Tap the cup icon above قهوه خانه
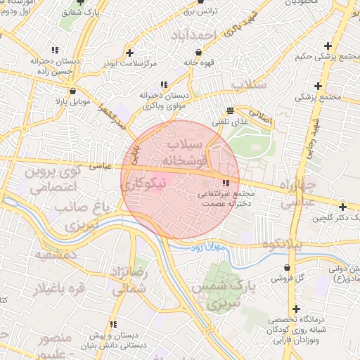[200, 51]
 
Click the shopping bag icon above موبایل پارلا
[72, 90]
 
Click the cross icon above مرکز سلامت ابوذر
[129, 52]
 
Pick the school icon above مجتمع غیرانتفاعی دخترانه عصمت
[225, 184]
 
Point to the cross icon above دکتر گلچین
[342, 207]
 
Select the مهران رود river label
[207, 248]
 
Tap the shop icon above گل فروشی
[288, 267]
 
